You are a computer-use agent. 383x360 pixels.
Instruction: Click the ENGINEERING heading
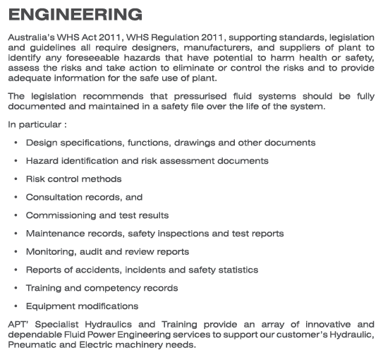[x=75, y=14]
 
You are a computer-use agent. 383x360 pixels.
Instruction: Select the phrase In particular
[x=35, y=124]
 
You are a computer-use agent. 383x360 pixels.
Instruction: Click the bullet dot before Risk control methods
[x=16, y=179]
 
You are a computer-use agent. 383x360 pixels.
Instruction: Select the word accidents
[x=96, y=270]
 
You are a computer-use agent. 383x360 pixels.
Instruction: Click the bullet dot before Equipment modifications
[x=16, y=306]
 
